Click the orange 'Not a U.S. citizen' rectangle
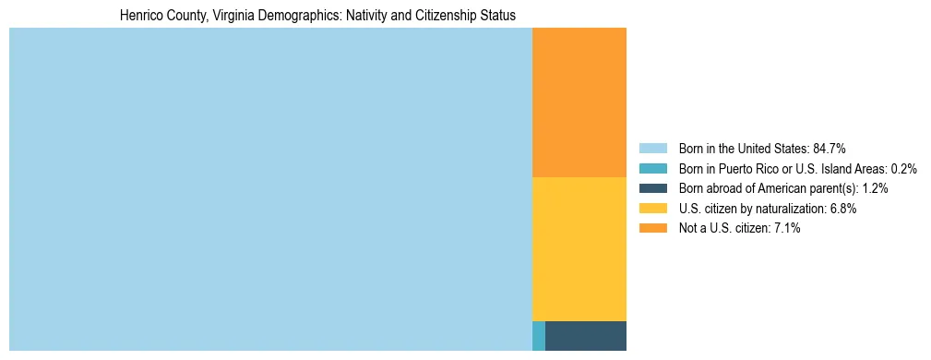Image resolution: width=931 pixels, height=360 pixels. tap(579, 102)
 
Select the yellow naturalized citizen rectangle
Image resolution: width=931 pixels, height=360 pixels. tap(579, 248)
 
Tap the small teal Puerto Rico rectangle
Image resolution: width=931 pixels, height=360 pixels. tap(539, 335)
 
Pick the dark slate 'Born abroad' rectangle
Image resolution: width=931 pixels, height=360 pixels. tap(586, 335)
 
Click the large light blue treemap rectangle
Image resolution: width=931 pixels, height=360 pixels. tap(270, 188)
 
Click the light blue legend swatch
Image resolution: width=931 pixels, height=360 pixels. tap(652, 148)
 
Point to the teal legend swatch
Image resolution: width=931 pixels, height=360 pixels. tap(652, 168)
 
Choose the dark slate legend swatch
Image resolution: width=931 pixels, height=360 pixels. tap(652, 188)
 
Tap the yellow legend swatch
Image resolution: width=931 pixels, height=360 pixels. tap(652, 209)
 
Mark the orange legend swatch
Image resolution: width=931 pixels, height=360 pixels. tap(652, 228)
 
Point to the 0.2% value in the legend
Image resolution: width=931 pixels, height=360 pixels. tap(904, 168)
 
